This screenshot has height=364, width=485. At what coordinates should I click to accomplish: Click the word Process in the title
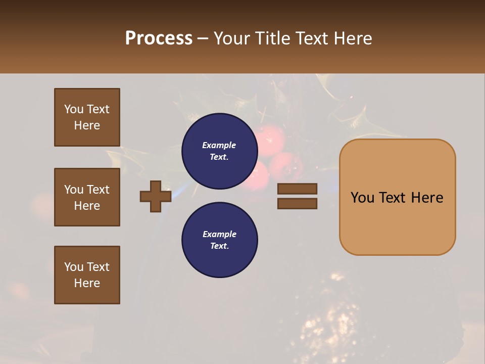(159, 38)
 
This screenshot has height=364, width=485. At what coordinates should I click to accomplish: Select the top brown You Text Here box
(87, 117)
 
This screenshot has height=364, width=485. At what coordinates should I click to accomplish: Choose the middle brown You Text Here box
(87, 197)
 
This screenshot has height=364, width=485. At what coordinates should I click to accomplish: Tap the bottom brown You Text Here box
(87, 275)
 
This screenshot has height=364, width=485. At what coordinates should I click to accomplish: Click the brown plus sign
(156, 196)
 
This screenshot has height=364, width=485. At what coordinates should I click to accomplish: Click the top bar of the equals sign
(297, 189)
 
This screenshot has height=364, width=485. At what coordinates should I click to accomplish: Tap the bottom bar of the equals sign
(297, 203)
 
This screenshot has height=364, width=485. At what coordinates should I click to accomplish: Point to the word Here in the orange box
(427, 198)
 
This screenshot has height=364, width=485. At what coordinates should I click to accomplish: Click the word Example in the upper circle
(219, 145)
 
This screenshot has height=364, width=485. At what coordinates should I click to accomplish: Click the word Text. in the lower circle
(219, 246)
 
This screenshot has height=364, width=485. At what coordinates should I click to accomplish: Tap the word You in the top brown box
(73, 109)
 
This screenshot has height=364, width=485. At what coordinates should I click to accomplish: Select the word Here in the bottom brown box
(87, 283)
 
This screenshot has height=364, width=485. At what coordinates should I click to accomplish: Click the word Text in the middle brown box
(98, 190)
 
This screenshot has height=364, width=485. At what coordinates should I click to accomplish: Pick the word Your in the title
(233, 38)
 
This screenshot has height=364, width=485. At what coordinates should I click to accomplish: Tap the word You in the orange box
(362, 198)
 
